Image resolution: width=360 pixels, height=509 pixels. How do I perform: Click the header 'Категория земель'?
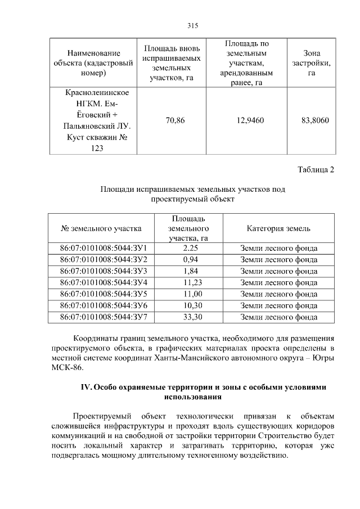coord(278,228)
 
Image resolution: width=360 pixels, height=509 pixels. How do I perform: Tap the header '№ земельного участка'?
coord(101,228)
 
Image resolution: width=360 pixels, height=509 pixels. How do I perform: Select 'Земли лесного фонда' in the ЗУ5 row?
coord(278,294)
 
